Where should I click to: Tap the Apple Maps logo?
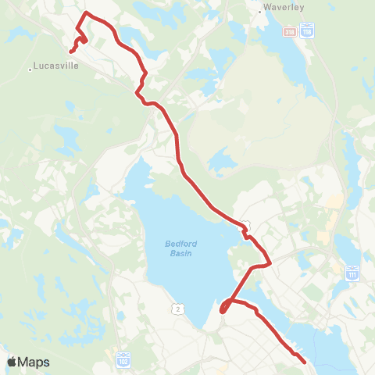[x=27, y=362]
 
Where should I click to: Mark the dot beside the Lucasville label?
[x=30, y=69]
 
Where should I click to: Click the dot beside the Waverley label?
[x=259, y=12]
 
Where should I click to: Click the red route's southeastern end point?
[x=303, y=362]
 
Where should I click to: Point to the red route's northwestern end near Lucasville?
[x=70, y=52]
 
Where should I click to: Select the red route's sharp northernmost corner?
[x=84, y=13]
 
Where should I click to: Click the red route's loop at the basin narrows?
[x=224, y=308]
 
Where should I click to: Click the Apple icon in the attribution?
[x=12, y=362]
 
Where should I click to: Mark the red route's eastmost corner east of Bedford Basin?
[x=270, y=263]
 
